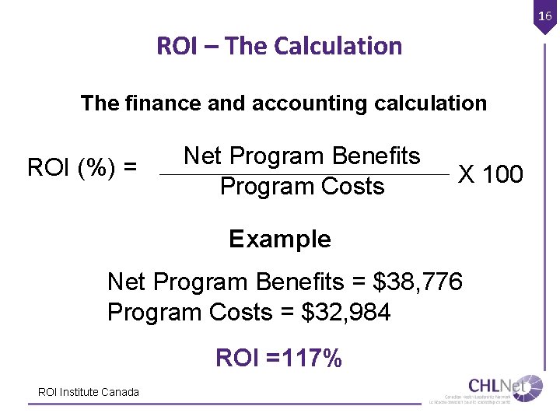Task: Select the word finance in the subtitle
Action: pyautogui.click(x=163, y=103)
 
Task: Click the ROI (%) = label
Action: pyautogui.click(x=82, y=167)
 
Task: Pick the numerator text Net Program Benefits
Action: pyautogui.click(x=302, y=156)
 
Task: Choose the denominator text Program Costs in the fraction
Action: pyautogui.click(x=302, y=187)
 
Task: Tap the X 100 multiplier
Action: pyautogui.click(x=490, y=173)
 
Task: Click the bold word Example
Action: pyautogui.click(x=280, y=239)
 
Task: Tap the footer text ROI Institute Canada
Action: pyautogui.click(x=89, y=392)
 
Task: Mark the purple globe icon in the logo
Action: pyautogui.click(x=533, y=387)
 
